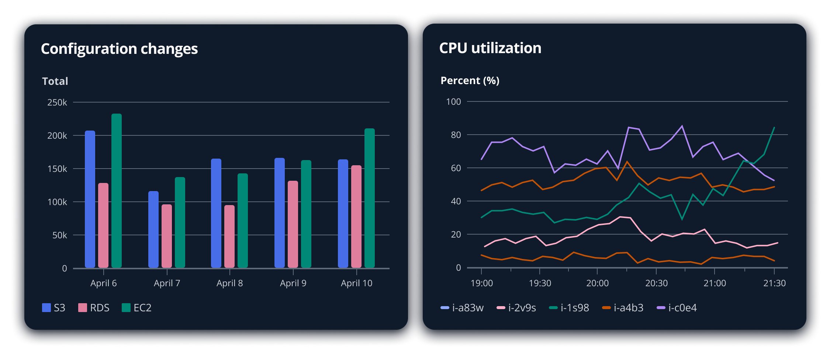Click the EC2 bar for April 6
117,191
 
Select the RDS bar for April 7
167,236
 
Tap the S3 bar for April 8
216,213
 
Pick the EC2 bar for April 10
370,198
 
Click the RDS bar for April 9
293,224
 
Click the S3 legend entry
54,308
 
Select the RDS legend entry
94,308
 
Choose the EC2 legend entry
137,308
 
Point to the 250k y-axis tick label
57,103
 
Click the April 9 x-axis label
293,283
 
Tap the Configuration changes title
119,49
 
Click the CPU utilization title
490,48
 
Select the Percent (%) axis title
470,80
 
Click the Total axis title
55,81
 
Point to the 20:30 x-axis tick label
656,283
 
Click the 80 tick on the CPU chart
456,135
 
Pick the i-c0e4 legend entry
677,308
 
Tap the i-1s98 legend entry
569,308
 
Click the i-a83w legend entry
462,308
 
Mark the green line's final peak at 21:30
774,128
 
